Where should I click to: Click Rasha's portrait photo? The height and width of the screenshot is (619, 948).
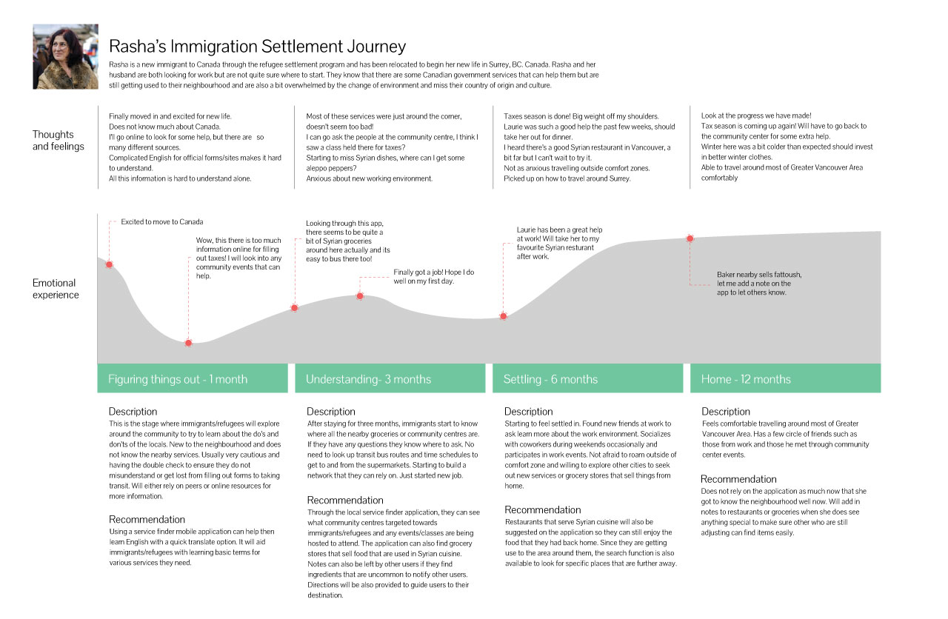tap(65, 57)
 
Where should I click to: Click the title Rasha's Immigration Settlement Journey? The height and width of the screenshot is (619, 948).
tap(257, 47)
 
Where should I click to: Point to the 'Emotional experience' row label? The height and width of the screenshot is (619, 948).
tap(56, 289)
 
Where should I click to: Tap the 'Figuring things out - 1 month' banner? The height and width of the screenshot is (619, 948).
tap(193, 378)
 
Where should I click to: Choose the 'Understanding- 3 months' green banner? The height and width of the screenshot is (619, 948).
tap(390, 378)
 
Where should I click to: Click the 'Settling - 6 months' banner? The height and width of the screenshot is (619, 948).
tap(587, 378)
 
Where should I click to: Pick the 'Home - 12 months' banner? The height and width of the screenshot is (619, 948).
tap(785, 378)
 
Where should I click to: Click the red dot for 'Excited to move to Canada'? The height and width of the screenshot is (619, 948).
tap(109, 264)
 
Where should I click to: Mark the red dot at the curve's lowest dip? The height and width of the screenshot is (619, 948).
tap(189, 343)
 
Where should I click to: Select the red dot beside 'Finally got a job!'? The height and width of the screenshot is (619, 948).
tap(360, 296)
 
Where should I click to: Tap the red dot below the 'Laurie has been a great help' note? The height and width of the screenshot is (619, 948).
tap(504, 316)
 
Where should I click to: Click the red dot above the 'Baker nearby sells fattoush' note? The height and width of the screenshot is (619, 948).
tap(690, 238)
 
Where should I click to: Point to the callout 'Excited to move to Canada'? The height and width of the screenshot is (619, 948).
tap(162, 222)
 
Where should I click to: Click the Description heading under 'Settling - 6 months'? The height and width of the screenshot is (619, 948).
tap(528, 412)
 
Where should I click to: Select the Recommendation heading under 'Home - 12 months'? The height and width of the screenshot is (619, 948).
tap(738, 479)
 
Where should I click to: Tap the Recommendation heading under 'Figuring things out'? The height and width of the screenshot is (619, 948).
tap(147, 519)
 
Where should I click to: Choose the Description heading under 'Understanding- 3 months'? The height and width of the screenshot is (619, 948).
tap(331, 412)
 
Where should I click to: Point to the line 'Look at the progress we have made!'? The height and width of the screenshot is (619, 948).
tap(756, 116)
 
